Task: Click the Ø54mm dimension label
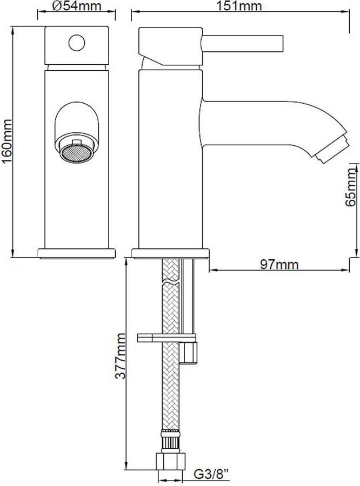[77, 6]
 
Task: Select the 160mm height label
[7, 141]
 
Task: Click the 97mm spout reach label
[279, 264]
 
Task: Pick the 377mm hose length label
[120, 356]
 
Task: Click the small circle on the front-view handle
[77, 43]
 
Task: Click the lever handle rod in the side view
[242, 43]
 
